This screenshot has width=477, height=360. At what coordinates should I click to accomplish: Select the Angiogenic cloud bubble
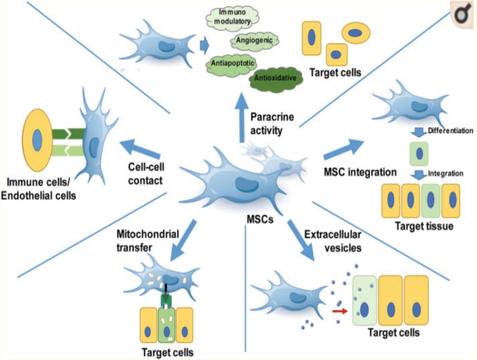click(255, 41)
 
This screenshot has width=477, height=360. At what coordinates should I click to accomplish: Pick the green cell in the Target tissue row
click(431, 201)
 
